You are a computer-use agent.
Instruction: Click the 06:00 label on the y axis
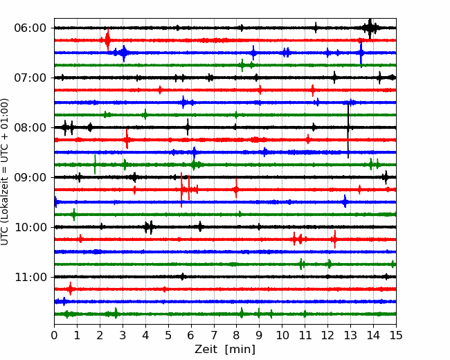coord(30,28)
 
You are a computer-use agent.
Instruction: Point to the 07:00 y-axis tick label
coord(30,78)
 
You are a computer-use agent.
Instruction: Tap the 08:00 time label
coord(30,127)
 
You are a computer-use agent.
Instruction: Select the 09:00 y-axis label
coord(30,177)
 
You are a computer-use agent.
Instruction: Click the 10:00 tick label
coord(30,227)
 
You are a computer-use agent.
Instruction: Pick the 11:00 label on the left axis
coord(30,277)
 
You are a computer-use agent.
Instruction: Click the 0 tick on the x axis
coord(54,335)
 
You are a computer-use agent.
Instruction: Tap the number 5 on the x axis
coord(168,335)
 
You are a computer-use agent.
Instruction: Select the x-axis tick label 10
coord(282,335)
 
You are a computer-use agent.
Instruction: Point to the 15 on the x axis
coord(396,335)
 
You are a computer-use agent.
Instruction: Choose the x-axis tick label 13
coord(350,335)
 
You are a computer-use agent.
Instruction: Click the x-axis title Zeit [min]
coord(225,350)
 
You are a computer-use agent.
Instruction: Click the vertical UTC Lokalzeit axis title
coord(4,172)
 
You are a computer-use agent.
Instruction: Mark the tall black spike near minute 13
coord(348,131)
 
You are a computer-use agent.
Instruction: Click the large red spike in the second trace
coord(107,40)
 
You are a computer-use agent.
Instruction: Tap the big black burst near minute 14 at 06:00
coord(370,28)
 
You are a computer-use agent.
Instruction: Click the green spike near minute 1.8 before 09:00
coord(95,165)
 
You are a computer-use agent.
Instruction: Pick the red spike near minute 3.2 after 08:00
coord(127,139)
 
